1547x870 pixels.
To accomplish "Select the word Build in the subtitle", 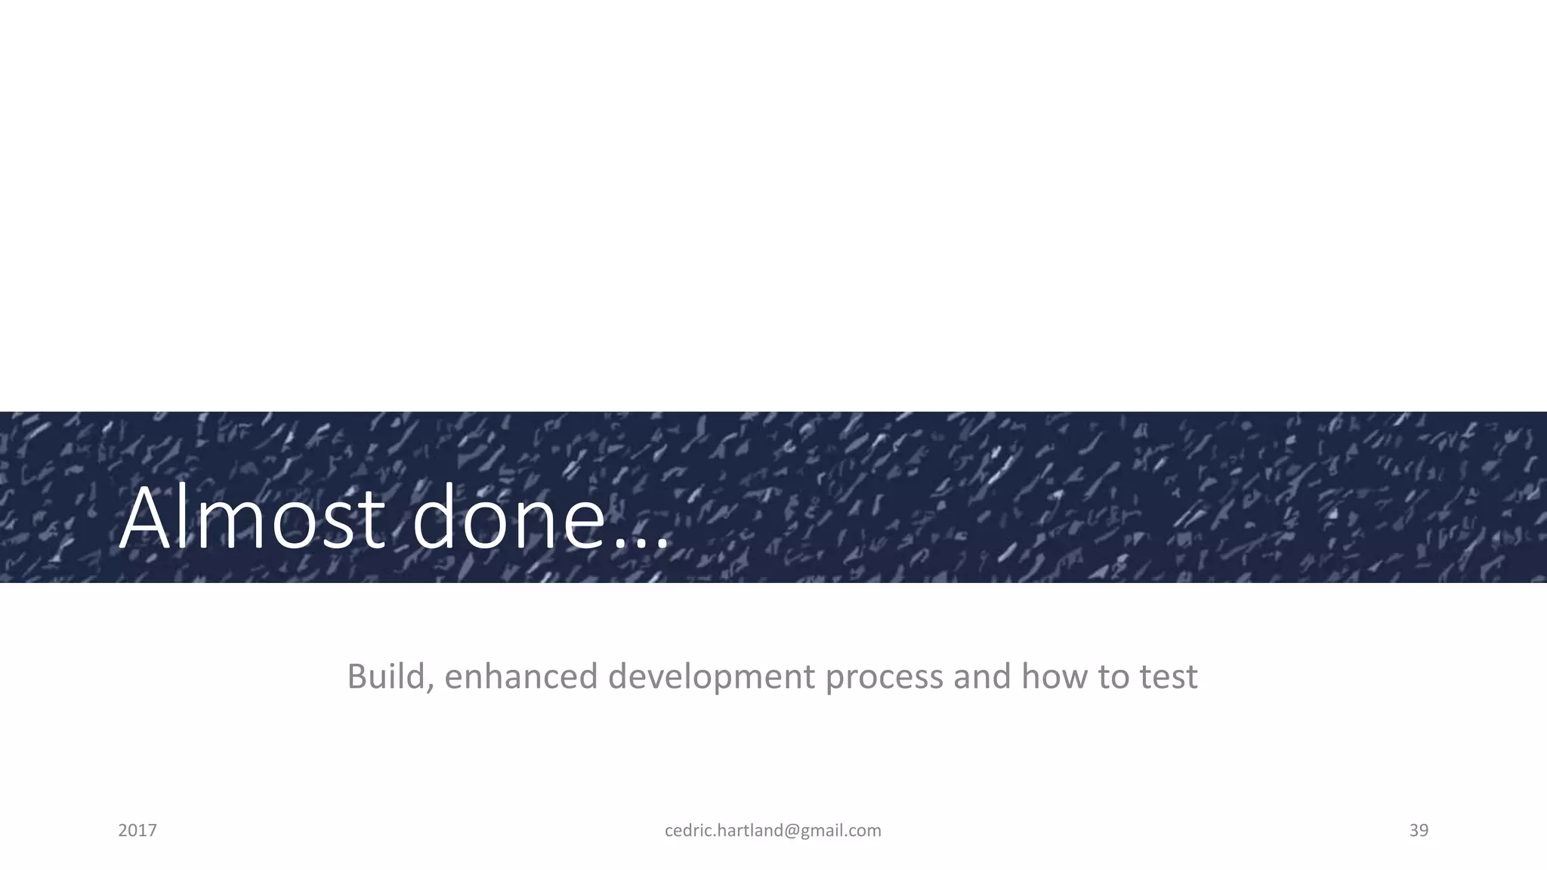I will tap(384, 676).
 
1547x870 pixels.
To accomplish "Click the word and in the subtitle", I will tap(981, 676).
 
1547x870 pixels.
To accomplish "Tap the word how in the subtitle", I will tap(1054, 676).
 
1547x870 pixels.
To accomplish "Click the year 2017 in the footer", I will tap(137, 831).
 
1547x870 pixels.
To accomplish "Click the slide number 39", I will tap(1419, 831).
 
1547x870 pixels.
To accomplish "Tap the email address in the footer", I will tap(773, 831).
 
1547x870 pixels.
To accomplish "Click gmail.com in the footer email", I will tap(841, 831).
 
